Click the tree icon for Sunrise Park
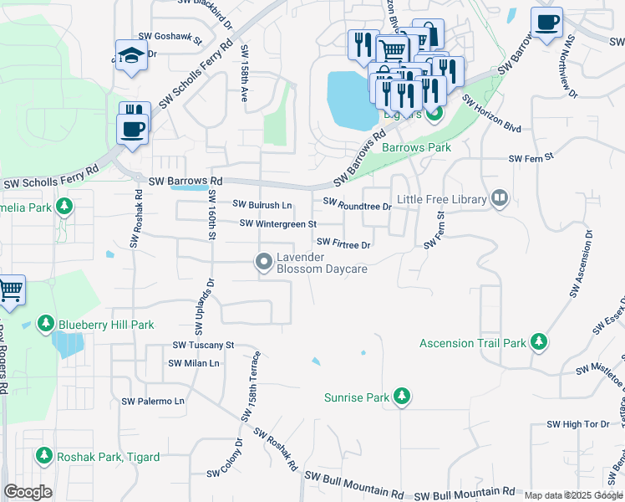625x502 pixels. pos(402,396)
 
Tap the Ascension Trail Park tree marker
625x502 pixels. pos(539,342)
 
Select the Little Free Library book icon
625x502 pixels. pos(500,198)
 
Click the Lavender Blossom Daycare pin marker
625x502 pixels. pos(264,263)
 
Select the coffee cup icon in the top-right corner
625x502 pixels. pos(546,22)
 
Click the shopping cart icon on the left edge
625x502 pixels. pos(10,290)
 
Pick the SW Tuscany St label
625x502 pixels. pos(204,345)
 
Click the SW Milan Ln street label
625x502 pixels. pos(194,363)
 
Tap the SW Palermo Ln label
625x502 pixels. pos(153,402)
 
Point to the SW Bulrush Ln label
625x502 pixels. pos(262,204)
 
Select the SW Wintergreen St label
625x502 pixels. pos(278,223)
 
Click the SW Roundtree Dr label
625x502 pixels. pos(357,203)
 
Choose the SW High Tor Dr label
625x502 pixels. pos(578,424)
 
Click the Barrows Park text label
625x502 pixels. pos(416,147)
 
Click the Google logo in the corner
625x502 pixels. pos(28,491)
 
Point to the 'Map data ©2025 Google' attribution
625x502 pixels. pos(572,495)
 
